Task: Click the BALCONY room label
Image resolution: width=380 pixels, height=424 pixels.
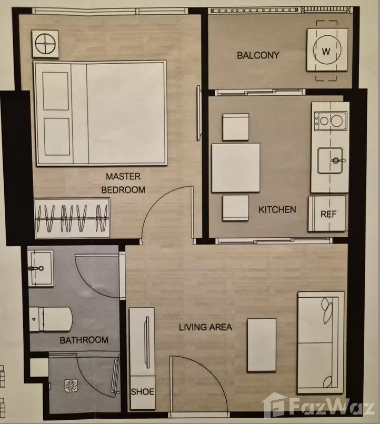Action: point(258,55)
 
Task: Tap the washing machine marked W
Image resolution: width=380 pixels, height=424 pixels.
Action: point(327,51)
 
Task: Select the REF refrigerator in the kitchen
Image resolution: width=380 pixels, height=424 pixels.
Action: point(327,214)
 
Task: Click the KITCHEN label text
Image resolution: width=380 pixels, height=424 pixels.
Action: point(277,209)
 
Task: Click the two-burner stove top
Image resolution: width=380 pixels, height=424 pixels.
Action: point(331,120)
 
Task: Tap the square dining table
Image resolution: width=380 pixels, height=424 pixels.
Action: point(236,168)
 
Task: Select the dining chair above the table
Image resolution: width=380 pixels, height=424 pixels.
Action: point(236,127)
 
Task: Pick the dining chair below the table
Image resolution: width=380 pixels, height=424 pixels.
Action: point(236,208)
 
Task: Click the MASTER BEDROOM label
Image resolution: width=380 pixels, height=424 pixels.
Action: point(123,183)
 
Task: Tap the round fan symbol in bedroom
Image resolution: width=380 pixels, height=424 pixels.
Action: point(45,44)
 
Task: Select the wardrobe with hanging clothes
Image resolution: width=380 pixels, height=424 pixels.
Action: point(72,218)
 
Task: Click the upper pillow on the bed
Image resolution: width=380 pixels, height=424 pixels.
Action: point(56,91)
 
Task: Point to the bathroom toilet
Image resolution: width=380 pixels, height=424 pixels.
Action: point(51,319)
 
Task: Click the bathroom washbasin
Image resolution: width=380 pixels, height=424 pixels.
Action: point(41,268)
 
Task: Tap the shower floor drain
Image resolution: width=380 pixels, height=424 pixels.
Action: point(72,386)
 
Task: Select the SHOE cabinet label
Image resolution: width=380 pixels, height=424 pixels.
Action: point(143,391)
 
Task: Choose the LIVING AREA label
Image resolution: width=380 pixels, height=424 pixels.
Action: point(206,327)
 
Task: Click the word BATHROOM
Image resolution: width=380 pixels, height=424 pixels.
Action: point(84,340)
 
